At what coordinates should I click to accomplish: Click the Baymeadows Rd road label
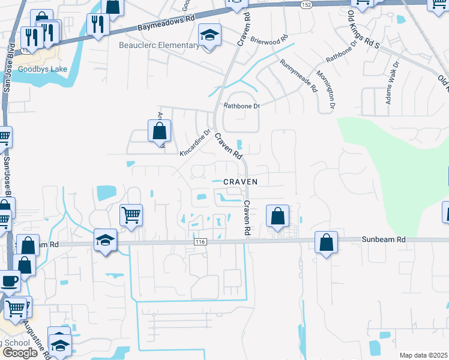166,23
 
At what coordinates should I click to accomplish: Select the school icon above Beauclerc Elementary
210,35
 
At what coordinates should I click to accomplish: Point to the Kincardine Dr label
196,144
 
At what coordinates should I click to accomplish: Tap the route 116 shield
200,241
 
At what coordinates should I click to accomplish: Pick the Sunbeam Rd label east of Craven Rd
384,239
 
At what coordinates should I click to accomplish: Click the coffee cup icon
9,281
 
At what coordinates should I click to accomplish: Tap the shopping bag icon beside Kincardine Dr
159,131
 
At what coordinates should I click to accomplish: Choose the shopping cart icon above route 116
131,214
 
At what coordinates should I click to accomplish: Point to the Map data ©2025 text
423,355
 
